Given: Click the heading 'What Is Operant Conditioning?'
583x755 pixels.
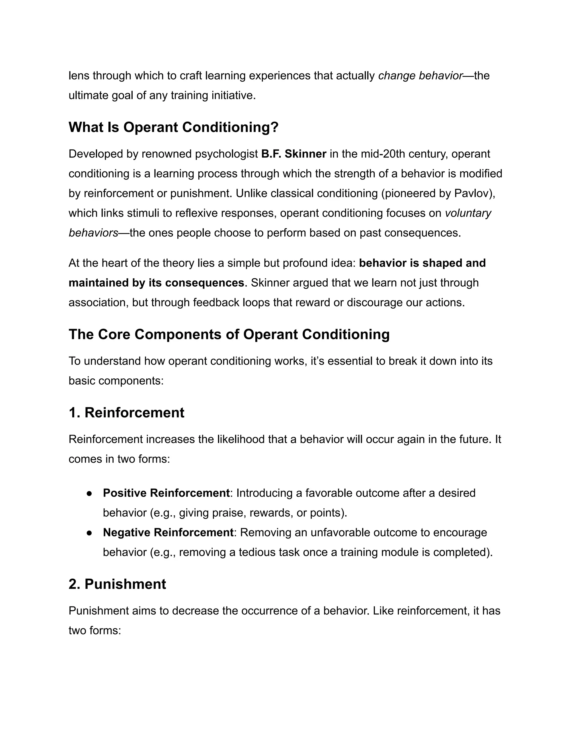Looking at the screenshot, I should [173, 127].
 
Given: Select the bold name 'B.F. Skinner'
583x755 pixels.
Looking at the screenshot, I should [293, 154].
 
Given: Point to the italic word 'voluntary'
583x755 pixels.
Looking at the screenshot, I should [468, 213].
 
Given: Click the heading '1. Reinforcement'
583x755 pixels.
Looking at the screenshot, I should [126, 413].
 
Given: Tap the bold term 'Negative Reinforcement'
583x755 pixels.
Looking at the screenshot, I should [168, 532].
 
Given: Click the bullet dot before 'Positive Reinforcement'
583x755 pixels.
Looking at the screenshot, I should [89, 493].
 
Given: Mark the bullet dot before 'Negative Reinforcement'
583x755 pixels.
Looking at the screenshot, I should [89, 533].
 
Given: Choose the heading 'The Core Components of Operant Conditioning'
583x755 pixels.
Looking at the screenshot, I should [229, 334].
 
